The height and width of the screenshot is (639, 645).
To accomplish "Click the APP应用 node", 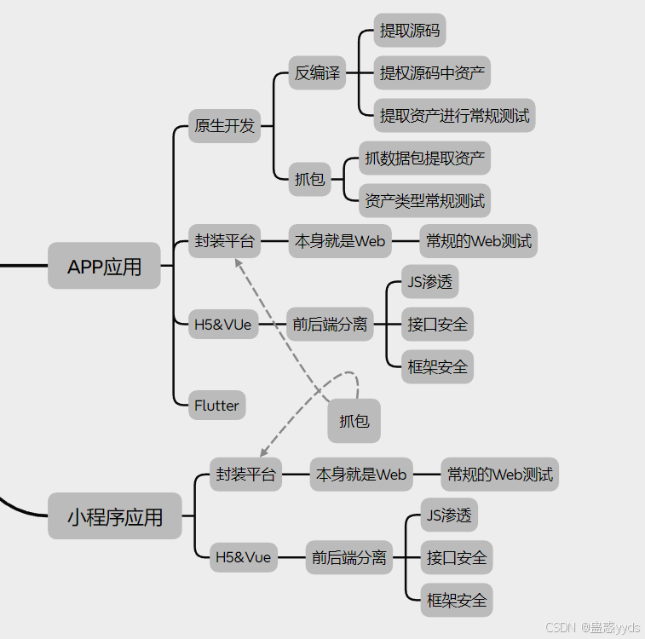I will click(104, 267).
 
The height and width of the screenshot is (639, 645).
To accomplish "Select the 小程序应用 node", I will click(115, 516).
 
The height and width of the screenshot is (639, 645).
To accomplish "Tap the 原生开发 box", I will click(224, 126).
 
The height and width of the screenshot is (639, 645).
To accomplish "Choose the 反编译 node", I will click(317, 73).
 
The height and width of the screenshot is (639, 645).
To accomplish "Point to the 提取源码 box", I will click(410, 32).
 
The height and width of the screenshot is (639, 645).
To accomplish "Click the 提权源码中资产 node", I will click(433, 73).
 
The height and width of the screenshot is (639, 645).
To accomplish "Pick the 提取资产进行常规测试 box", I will click(455, 115).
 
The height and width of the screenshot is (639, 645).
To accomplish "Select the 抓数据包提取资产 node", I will click(424, 158).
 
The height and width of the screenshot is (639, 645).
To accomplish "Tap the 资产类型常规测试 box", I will click(424, 201).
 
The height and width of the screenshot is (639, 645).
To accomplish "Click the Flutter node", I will click(216, 406).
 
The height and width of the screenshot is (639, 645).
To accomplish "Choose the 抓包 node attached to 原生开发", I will click(309, 180).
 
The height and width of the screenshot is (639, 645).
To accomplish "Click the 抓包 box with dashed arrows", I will click(354, 421).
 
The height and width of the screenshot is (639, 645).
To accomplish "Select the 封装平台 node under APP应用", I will click(224, 241).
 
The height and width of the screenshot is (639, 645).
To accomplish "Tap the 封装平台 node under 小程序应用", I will click(246, 475).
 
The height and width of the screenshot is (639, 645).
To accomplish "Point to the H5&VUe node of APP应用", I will click(223, 325).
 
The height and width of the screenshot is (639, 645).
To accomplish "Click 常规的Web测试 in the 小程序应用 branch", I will click(500, 475).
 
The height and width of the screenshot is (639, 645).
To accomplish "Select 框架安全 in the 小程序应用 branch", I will click(457, 601).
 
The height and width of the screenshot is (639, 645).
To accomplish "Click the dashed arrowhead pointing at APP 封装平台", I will click(239, 264).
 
